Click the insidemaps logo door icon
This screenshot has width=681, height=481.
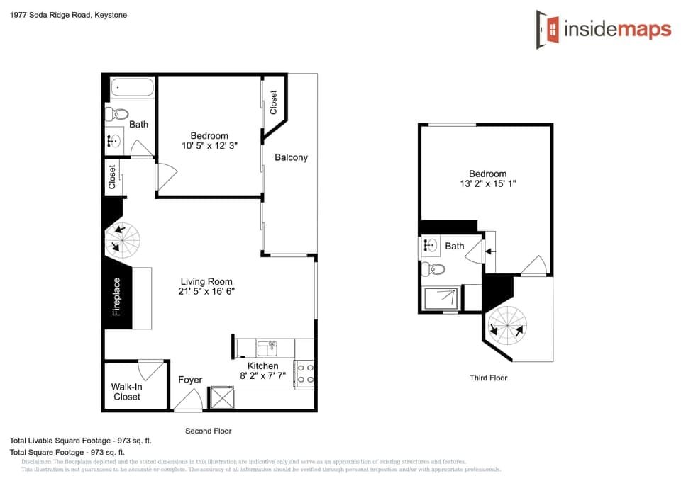click(548, 30)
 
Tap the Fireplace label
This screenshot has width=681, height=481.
click(117, 297)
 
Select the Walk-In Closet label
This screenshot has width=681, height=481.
click(127, 392)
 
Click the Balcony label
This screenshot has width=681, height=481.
click(291, 157)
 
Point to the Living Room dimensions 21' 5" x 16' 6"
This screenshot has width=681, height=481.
click(206, 291)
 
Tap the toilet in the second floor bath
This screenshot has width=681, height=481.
click(118, 114)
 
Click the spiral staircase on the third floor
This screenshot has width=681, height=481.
click(509, 326)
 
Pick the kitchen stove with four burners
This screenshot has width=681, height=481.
click(305, 373)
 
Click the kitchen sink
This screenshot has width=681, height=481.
click(267, 347)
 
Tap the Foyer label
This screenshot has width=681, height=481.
click(190, 380)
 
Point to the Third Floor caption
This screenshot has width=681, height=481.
click(489, 378)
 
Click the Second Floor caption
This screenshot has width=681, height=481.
click(208, 431)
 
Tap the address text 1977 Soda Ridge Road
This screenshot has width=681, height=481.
click(69, 15)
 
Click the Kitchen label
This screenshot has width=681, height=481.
click(262, 366)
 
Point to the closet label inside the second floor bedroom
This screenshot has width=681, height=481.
click(273, 102)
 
